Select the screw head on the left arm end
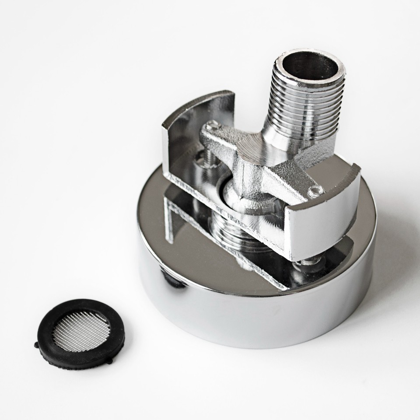[212, 126]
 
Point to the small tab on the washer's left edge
[37, 345]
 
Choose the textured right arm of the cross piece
[293, 179]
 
